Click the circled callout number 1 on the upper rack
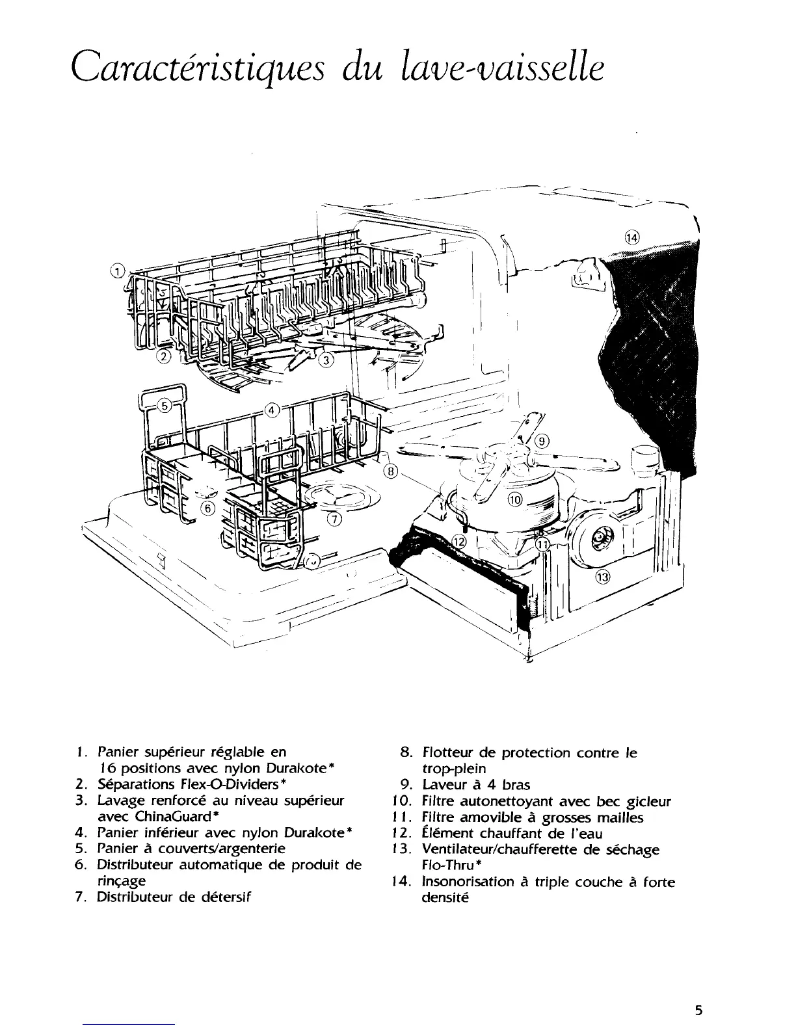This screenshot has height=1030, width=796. click(117, 271)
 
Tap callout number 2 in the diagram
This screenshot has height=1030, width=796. click(165, 356)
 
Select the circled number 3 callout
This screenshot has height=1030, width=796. click(326, 359)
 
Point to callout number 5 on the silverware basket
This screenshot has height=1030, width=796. click(165, 405)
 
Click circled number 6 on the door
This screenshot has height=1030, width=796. click(207, 508)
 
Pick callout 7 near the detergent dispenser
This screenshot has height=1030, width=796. click(334, 518)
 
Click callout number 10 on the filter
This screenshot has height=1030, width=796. click(514, 499)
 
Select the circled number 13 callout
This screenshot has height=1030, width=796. click(604, 578)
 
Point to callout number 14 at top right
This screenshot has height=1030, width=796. click(632, 237)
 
